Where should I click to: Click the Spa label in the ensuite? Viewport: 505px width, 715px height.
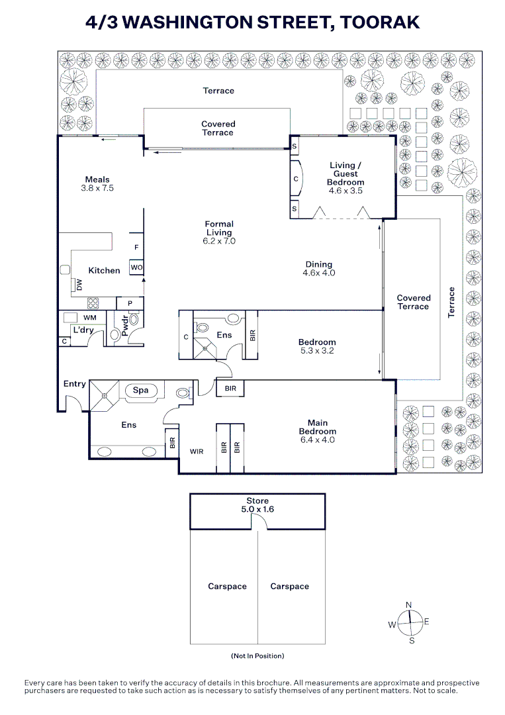(141, 391)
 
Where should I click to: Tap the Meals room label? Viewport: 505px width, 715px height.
(97, 179)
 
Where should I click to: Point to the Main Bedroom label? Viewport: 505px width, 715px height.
(318, 427)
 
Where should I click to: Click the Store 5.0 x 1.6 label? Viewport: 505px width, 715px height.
(257, 505)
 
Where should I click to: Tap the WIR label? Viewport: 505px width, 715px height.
(197, 452)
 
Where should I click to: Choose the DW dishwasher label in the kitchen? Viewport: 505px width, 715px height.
(79, 285)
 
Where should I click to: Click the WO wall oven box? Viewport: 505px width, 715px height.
(136, 267)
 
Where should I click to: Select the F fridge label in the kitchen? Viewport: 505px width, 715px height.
(136, 248)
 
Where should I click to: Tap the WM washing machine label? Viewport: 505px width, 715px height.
(90, 318)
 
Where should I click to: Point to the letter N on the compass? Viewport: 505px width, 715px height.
(409, 604)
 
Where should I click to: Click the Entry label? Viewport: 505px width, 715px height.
(75, 384)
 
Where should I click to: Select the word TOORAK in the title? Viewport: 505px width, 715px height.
(379, 22)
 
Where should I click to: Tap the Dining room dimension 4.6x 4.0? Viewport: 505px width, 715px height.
(319, 273)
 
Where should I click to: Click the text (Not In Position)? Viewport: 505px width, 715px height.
(257, 656)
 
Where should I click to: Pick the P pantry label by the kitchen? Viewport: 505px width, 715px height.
(130, 303)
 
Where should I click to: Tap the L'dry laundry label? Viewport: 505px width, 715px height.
(83, 330)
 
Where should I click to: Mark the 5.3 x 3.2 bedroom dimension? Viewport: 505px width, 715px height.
(317, 351)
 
